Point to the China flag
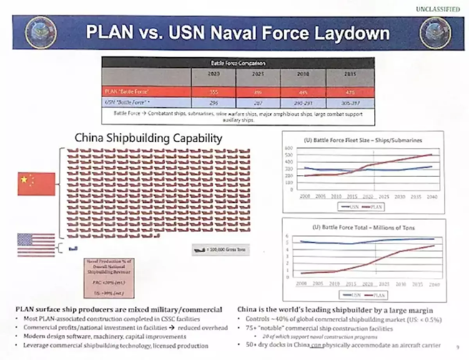pyautogui.click(x=36, y=184)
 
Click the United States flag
pyautogui.click(x=36, y=244)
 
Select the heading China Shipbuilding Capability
pyautogui.click(x=148, y=138)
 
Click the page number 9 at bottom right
pyautogui.click(x=456, y=348)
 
